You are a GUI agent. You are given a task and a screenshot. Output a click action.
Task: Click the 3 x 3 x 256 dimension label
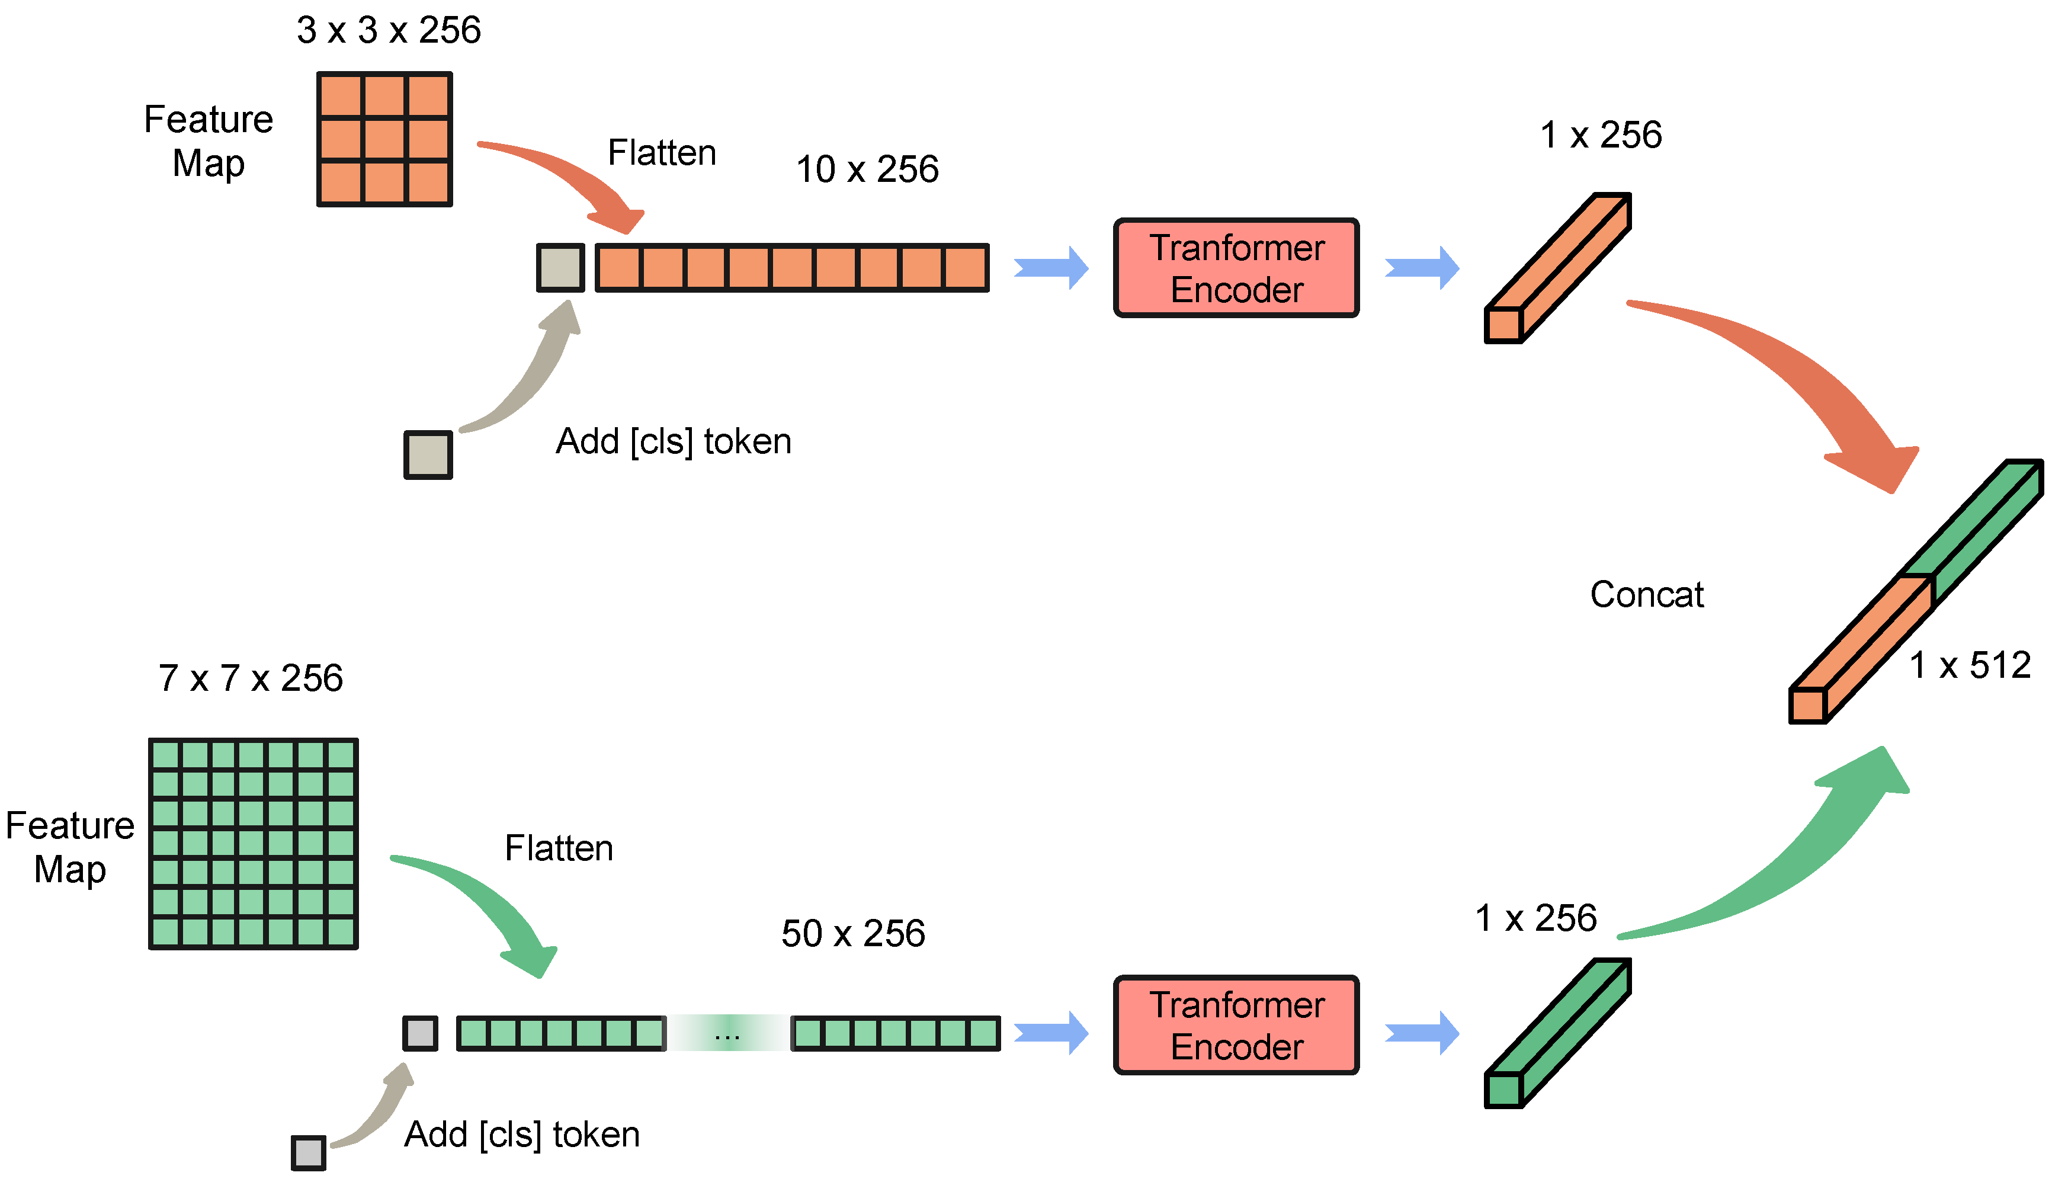[388, 30]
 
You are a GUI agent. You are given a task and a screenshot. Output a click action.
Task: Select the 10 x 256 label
[866, 169]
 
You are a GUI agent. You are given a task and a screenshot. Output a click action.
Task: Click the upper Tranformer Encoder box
[1236, 268]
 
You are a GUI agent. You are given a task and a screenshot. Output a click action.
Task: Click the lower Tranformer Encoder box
[1236, 1026]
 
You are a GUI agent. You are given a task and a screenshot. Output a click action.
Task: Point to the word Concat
[1646, 594]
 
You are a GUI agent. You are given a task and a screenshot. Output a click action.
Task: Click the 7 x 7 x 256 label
[250, 678]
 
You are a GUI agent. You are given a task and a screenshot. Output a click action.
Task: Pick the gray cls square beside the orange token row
[560, 268]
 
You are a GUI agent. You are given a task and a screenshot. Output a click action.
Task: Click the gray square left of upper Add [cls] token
[428, 454]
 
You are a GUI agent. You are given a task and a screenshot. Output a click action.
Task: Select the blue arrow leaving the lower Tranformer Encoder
[1422, 1033]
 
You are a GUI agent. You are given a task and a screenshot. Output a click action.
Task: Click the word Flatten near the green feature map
[559, 848]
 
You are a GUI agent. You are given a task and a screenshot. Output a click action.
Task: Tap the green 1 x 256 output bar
[1557, 1033]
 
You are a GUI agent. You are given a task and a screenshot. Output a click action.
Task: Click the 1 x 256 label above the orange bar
[1600, 134]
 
